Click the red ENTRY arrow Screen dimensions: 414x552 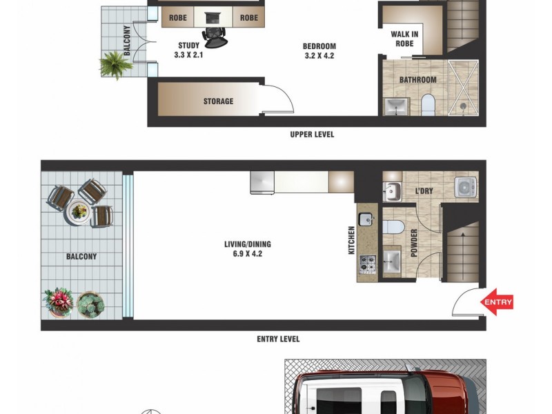(x=497, y=302)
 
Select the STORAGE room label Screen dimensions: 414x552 (x=218, y=101)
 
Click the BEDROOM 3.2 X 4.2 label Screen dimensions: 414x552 (x=318, y=51)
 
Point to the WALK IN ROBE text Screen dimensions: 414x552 (x=404, y=38)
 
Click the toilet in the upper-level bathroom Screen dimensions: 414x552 (x=427, y=106)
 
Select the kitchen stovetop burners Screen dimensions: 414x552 (x=366, y=264)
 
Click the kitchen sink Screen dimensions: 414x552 (x=366, y=220)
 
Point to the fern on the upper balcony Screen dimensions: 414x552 (x=113, y=64)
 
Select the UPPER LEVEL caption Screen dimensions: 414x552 (x=312, y=135)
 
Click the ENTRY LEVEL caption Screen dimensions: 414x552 (x=278, y=339)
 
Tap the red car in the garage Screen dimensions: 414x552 (x=386, y=393)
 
